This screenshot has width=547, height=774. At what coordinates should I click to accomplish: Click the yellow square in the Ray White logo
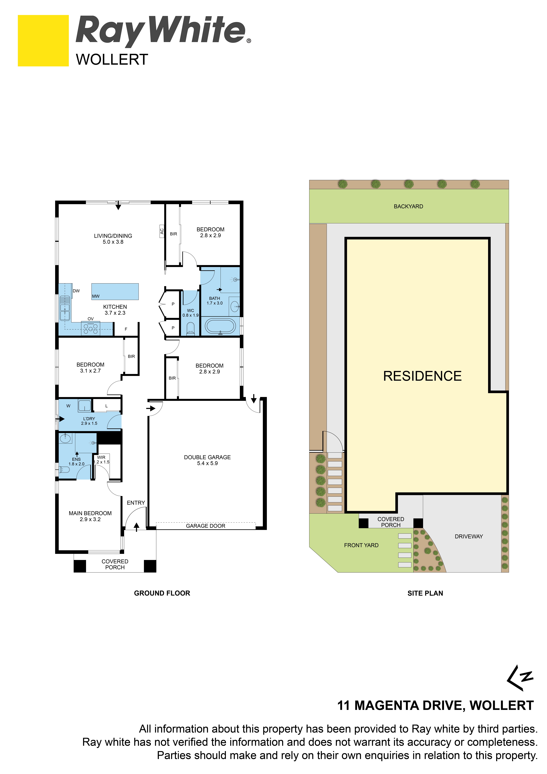coord(43,40)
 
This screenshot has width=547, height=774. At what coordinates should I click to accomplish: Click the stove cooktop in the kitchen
coord(91,328)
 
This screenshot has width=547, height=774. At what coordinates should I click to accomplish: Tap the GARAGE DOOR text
coord(205,526)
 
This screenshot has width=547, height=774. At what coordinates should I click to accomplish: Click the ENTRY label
coord(136,503)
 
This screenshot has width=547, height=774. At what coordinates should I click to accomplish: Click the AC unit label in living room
coord(162,231)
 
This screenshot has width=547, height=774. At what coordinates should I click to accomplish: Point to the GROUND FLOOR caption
coord(162,593)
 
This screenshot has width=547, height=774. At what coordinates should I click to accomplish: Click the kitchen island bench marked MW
coord(115,292)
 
